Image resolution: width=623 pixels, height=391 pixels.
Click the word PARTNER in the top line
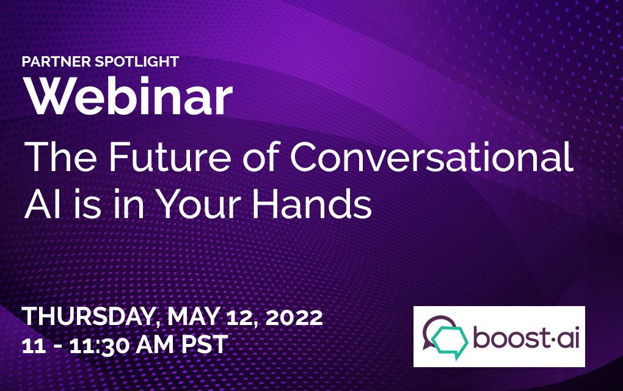[56, 62]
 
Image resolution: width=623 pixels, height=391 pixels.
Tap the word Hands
[312, 204]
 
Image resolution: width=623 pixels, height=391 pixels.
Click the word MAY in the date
[194, 316]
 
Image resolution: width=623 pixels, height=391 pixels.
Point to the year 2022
[294, 318]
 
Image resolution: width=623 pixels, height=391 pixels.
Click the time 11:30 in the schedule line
[100, 345]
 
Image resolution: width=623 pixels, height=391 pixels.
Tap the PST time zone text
[205, 345]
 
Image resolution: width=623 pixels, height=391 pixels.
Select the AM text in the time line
[155, 345]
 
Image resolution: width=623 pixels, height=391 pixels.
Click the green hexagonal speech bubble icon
[450, 341]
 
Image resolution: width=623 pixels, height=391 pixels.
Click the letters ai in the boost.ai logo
[568, 337]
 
